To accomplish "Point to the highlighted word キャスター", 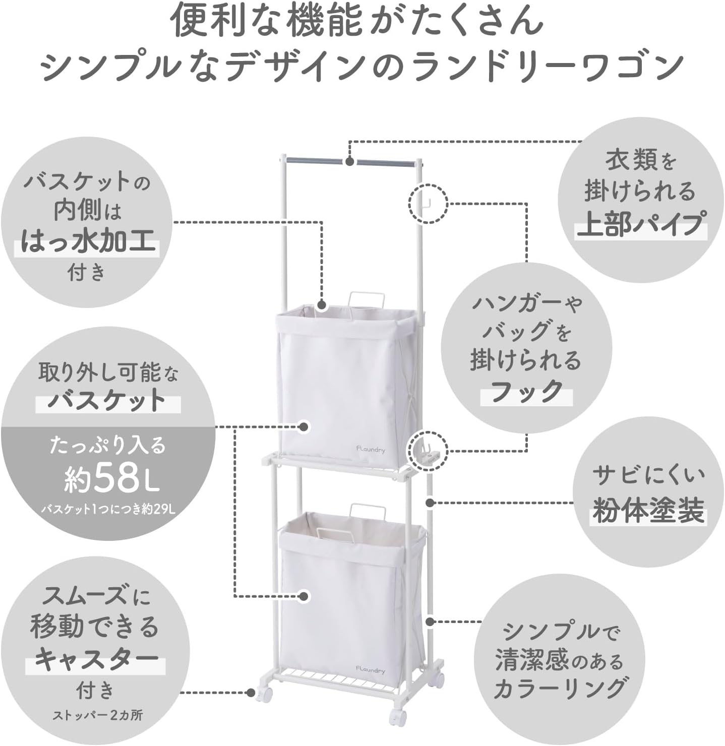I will click(x=96, y=659).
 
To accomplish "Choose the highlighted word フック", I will click(x=527, y=391).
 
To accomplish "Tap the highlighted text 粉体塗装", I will click(x=648, y=510).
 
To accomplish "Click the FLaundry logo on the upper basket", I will click(x=370, y=448).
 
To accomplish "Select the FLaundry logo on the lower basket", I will click(x=370, y=669).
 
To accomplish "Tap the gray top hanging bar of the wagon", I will click(x=350, y=162).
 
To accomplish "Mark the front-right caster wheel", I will click(x=398, y=716).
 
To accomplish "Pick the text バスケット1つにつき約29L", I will click(x=108, y=509).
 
